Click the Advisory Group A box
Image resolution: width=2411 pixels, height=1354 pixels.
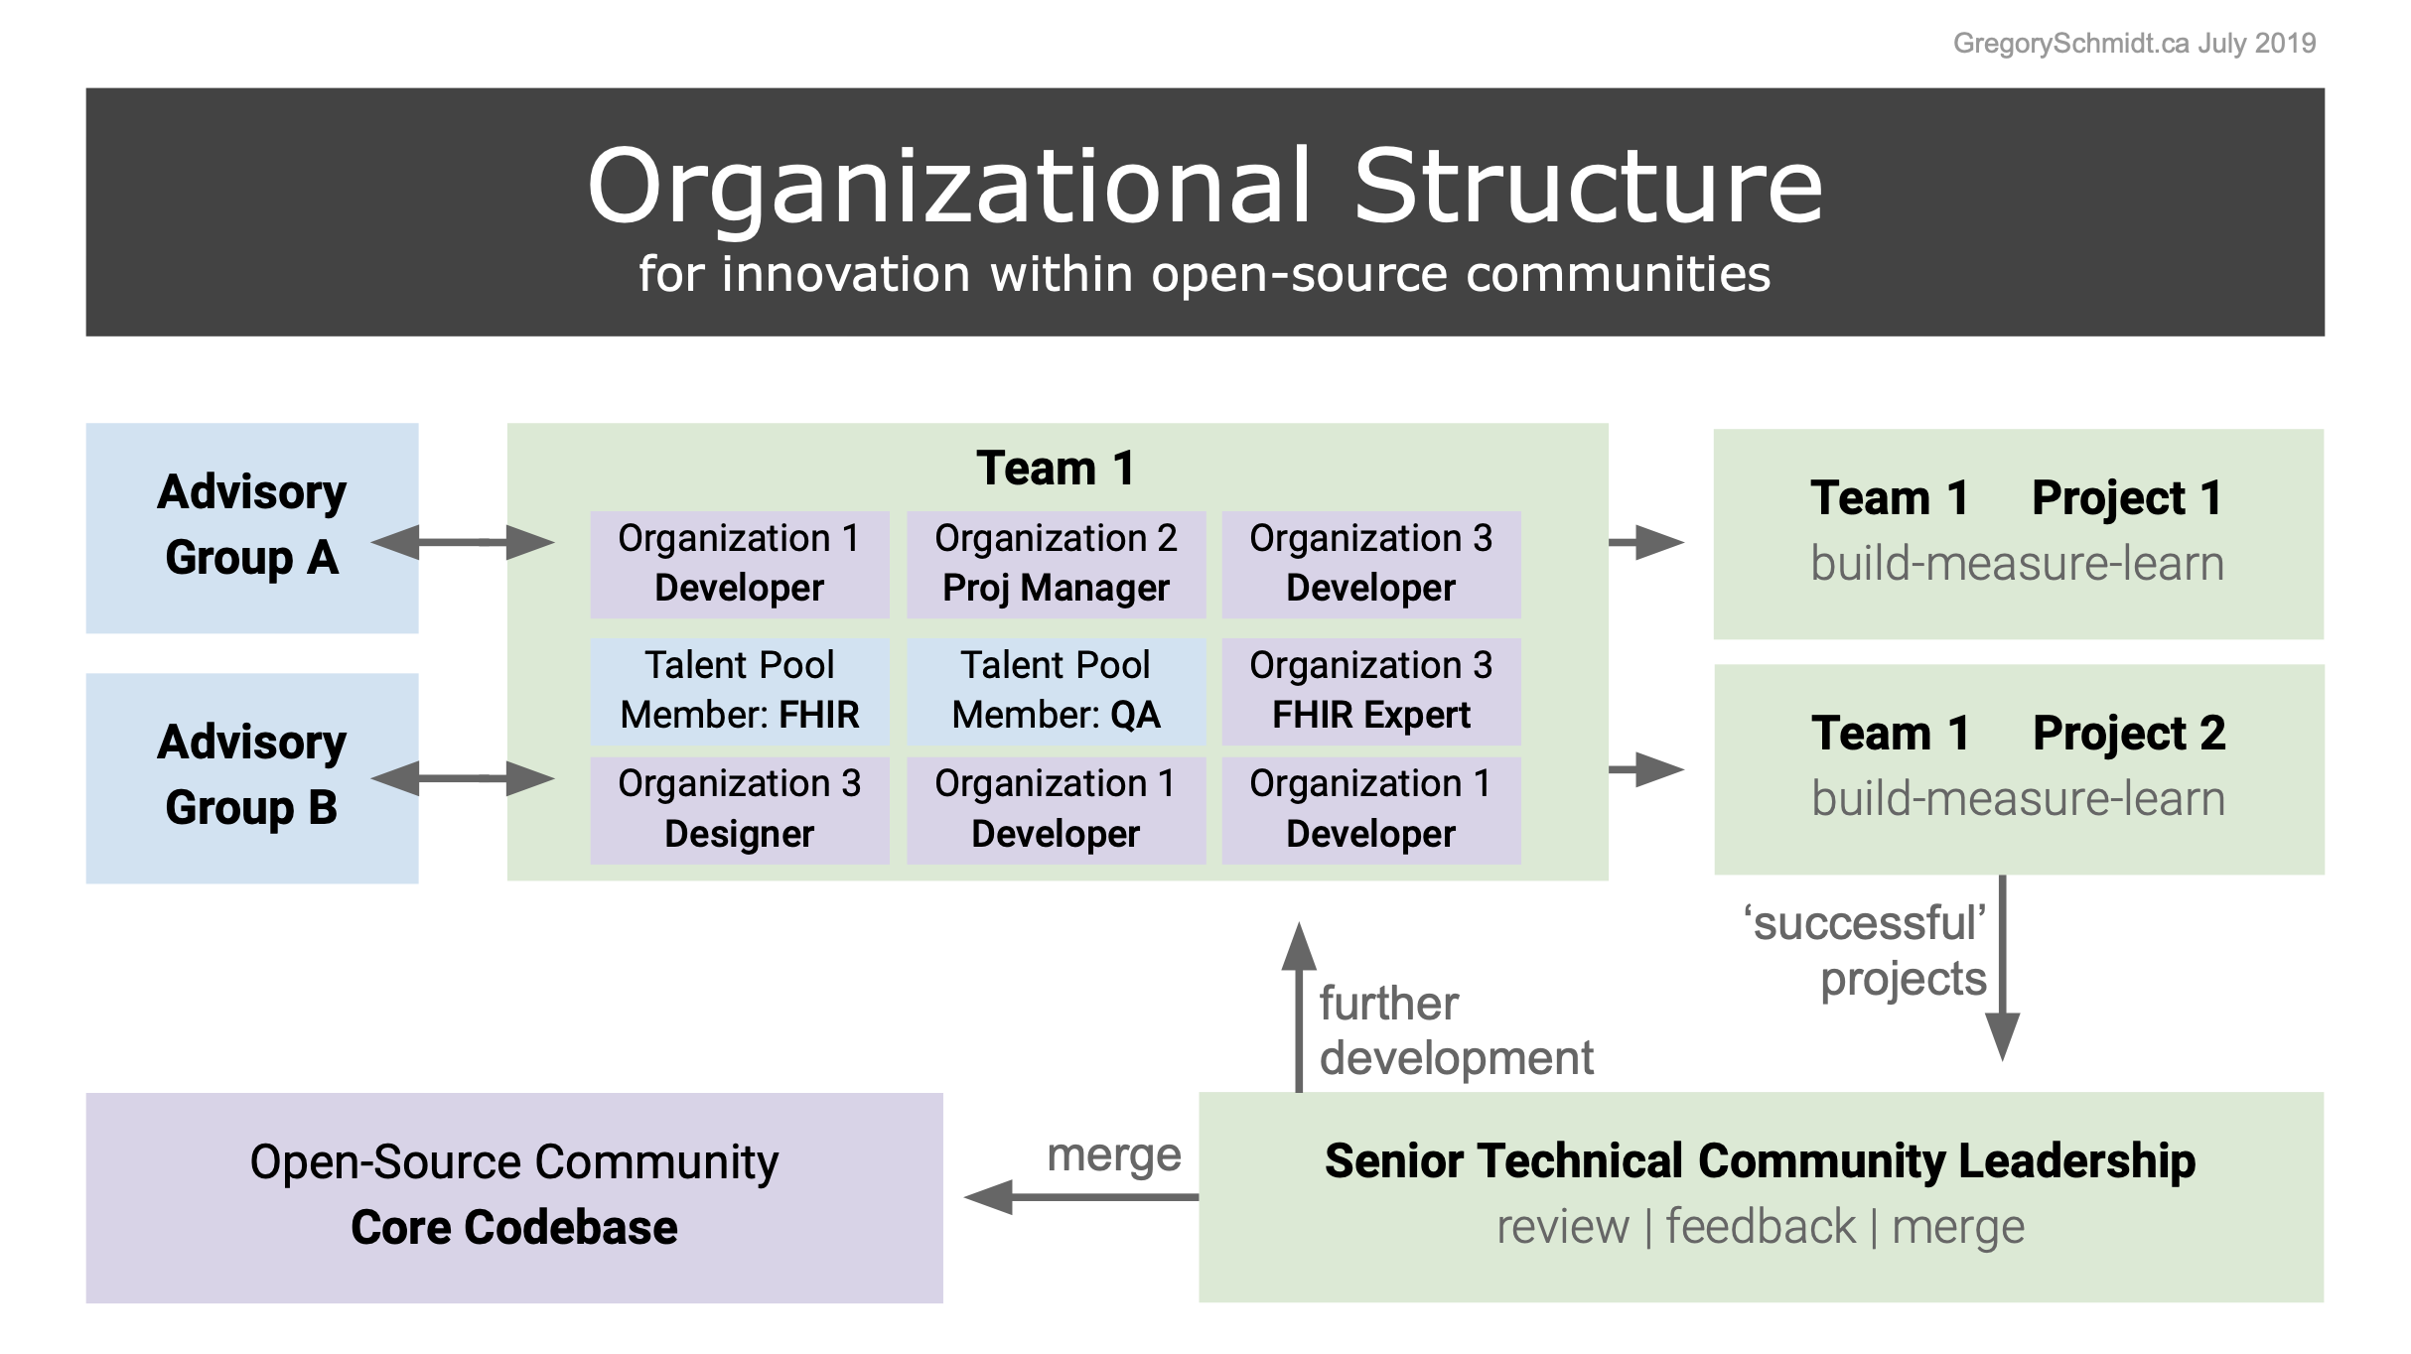coord(252,528)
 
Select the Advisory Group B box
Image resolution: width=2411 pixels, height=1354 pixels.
coord(252,778)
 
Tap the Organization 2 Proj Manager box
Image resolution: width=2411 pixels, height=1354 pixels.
coord(1056,564)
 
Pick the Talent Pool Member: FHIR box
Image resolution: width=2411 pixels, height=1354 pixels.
coord(740,691)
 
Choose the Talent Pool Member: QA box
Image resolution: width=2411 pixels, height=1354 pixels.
coord(1056,691)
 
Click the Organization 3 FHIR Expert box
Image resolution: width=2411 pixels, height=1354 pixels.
coord(1370,691)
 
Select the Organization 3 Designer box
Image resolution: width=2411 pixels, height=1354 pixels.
coord(740,810)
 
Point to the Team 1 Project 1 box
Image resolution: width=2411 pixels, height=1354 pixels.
coord(2018,534)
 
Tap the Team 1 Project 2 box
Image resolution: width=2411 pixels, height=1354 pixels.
coord(2018,769)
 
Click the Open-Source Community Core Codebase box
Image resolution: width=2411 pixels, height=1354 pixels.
coord(514,1197)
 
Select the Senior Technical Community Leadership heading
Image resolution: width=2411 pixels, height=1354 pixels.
coord(1760,1161)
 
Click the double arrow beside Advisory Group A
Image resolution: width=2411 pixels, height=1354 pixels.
coord(463,542)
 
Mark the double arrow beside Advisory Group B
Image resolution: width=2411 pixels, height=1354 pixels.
coord(463,778)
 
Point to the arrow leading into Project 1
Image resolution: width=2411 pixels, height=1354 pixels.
coord(1645,542)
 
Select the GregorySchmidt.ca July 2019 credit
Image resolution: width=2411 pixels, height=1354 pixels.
coord(2134,44)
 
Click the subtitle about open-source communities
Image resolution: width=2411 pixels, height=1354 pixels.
coord(1205,274)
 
